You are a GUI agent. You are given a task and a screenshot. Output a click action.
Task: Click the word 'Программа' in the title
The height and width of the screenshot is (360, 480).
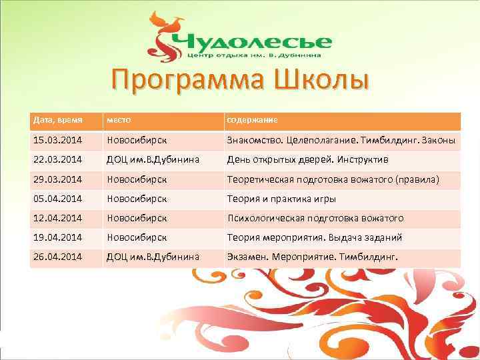tap(180, 82)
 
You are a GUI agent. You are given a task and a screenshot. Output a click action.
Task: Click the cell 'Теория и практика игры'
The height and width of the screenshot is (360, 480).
tap(281, 199)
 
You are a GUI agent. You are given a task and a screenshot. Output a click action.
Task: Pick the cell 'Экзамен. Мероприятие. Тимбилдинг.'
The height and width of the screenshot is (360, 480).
tap(312, 257)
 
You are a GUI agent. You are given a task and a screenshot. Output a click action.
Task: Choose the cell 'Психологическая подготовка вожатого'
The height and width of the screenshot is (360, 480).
tap(315, 218)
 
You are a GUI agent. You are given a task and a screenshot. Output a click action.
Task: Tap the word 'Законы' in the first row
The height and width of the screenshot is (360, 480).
tap(438, 141)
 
